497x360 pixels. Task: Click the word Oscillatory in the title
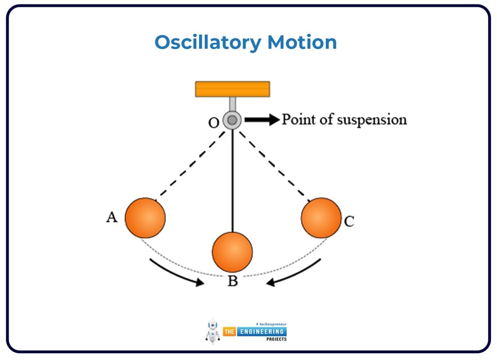coord(207,43)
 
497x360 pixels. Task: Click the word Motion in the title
coord(302,42)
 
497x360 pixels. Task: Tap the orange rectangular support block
coord(232,89)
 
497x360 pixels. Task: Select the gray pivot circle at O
coord(232,120)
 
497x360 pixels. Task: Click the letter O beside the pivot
coord(214,123)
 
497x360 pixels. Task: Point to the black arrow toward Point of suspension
coord(262,120)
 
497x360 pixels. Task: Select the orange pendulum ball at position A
coord(145,218)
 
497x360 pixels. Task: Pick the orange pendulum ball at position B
coord(232,252)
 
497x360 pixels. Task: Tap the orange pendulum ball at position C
coord(321,218)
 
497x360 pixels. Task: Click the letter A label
coord(112,217)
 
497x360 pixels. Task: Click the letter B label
coord(233,281)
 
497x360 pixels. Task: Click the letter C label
coord(349,222)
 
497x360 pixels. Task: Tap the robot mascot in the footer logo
coord(213,331)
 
